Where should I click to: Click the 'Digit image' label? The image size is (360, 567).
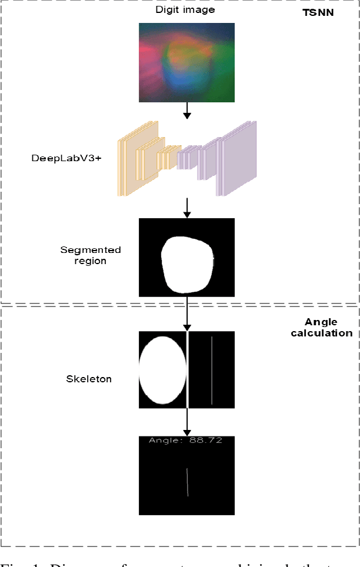coord(185,10)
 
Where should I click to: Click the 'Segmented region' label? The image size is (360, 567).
coord(91,255)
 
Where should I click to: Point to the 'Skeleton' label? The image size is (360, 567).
coord(88,379)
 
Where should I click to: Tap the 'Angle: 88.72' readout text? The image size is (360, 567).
coord(185,440)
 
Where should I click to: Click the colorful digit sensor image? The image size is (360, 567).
coord(186,62)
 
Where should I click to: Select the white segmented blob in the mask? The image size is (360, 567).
coord(187,264)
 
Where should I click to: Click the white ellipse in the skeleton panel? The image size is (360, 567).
coord(161,369)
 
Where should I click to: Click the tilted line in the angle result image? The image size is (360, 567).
coord(188,482)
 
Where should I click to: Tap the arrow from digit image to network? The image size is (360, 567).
coord(187,111)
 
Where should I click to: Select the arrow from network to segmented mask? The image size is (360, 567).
coord(187,207)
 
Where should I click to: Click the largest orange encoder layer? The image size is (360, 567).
coord(131,159)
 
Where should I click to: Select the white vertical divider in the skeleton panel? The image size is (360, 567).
coord(188,369)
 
